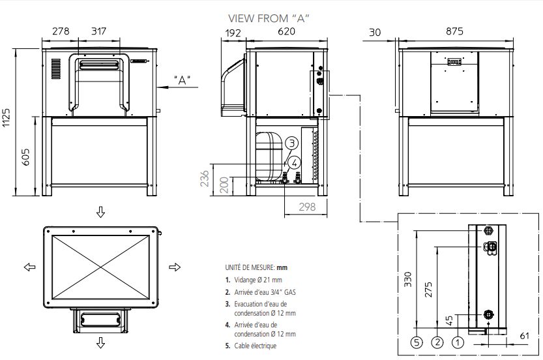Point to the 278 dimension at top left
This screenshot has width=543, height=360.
click(61, 31)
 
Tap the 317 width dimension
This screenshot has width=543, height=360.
click(98, 31)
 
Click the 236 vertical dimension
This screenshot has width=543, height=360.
click(204, 179)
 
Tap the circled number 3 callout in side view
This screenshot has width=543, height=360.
click(293, 143)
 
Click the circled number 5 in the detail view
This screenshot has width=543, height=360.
click(417, 340)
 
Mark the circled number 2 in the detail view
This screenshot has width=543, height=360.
click(437, 340)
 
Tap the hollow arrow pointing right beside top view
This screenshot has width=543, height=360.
click(174, 267)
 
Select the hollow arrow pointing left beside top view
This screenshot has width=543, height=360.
click(29, 267)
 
